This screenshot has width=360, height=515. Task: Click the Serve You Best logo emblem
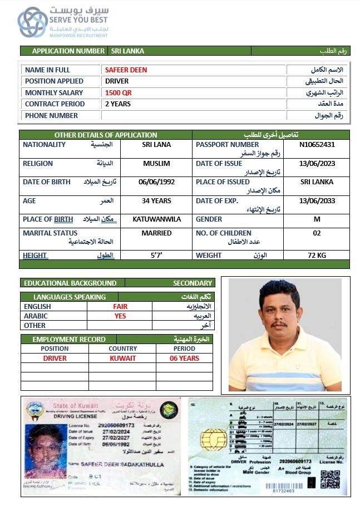(x=32, y=22)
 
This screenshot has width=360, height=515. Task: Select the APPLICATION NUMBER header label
(x=68, y=51)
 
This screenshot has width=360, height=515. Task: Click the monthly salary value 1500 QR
(x=119, y=93)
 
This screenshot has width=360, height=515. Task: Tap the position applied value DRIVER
(x=117, y=81)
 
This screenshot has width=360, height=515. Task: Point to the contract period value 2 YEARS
(x=118, y=104)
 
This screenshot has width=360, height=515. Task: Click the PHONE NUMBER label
(x=51, y=116)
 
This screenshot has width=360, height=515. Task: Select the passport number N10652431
(x=317, y=145)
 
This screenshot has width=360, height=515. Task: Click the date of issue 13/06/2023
(x=317, y=164)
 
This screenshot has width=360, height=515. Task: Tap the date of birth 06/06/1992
(x=156, y=182)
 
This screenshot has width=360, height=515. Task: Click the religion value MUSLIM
(x=156, y=164)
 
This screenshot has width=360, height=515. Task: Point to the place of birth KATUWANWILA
(x=156, y=219)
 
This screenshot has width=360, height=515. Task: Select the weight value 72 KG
(x=317, y=256)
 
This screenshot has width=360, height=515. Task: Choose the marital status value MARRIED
(x=156, y=233)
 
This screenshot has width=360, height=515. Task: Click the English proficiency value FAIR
(x=120, y=307)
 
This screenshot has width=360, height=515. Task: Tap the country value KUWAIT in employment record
(x=122, y=359)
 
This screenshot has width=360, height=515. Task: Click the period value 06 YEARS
(x=184, y=359)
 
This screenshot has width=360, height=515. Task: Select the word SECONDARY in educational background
(x=193, y=283)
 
